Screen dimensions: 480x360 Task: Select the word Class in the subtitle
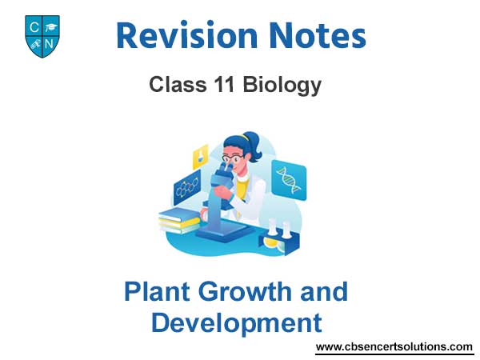click(178, 84)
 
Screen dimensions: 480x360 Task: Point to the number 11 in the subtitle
click(224, 84)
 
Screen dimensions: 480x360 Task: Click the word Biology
click(282, 86)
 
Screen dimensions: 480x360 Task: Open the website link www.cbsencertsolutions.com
click(394, 347)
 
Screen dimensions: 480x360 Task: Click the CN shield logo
click(42, 36)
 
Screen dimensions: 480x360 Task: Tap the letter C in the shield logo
click(34, 27)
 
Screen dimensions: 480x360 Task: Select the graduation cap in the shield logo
click(50, 27)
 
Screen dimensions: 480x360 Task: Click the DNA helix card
click(289, 180)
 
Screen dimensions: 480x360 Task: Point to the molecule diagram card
click(187, 188)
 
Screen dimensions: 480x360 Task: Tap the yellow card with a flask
click(200, 156)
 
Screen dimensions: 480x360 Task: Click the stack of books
click(179, 221)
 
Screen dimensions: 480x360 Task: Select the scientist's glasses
click(233, 158)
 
